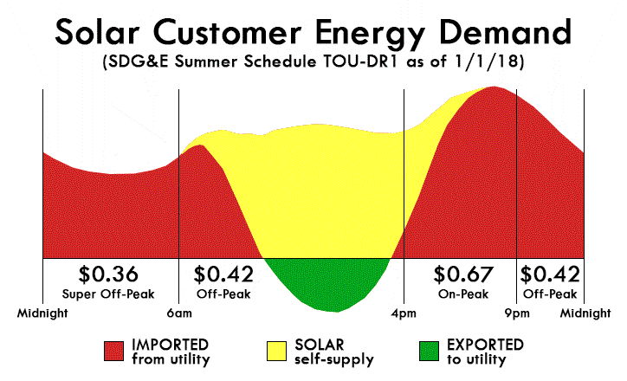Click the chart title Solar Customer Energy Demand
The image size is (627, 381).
pos(313,32)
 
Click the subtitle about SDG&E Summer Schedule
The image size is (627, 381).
pos(313,66)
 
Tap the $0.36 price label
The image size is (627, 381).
pos(108,274)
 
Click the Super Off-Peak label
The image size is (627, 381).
pos(108,294)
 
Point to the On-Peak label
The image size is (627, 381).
pos(462,294)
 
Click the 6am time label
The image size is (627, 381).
pos(179,312)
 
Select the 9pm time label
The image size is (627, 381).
pos(517,312)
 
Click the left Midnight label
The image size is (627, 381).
pos(42,312)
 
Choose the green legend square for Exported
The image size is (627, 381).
pos(428,350)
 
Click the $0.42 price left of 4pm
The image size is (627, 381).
pos(223,274)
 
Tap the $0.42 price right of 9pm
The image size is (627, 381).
pos(550,274)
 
